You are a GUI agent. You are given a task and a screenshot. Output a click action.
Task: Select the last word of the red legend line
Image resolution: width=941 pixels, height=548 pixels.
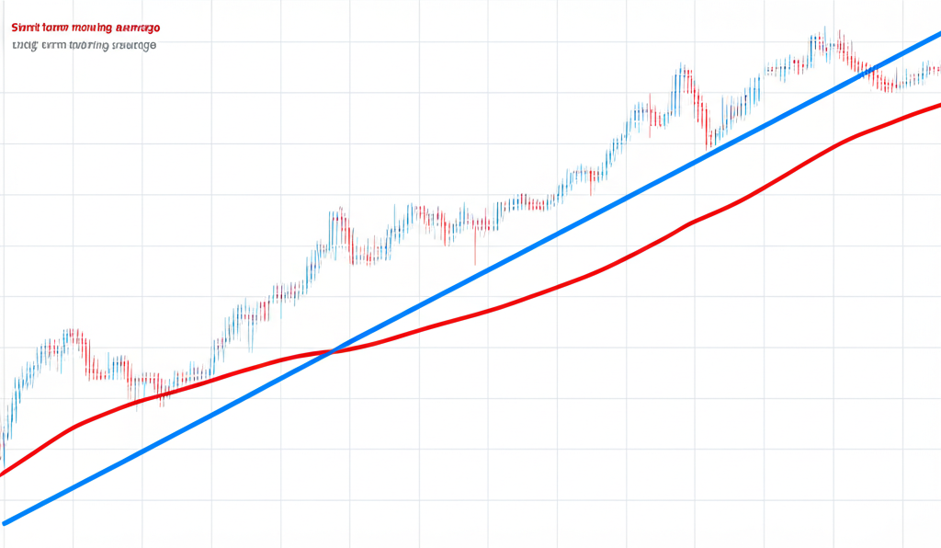pos(133,29)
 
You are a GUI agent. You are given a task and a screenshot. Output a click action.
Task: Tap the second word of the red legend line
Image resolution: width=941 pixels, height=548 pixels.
pos(57,29)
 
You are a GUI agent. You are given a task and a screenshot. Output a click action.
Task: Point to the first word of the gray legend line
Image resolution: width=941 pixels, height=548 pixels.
pos(23,45)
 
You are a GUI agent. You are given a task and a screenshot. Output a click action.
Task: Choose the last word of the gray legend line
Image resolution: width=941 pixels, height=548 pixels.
pos(133,45)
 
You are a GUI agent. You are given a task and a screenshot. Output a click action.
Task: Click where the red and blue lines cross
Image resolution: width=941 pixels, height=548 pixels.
pos(333,350)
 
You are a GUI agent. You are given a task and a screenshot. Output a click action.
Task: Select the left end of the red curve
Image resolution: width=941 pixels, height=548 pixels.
pos(3,474)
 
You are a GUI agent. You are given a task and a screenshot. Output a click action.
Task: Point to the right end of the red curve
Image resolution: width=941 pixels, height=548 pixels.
pos(938,105)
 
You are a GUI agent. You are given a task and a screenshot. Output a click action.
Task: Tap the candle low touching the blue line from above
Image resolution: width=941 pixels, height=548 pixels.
pos(707,148)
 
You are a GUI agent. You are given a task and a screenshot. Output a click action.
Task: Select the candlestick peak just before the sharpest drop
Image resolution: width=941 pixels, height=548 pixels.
pos(682,66)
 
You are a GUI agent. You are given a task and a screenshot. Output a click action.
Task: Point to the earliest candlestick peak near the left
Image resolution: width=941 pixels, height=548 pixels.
pos(70,329)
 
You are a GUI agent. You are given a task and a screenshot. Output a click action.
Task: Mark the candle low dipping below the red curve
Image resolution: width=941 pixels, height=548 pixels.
pos(162,405)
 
